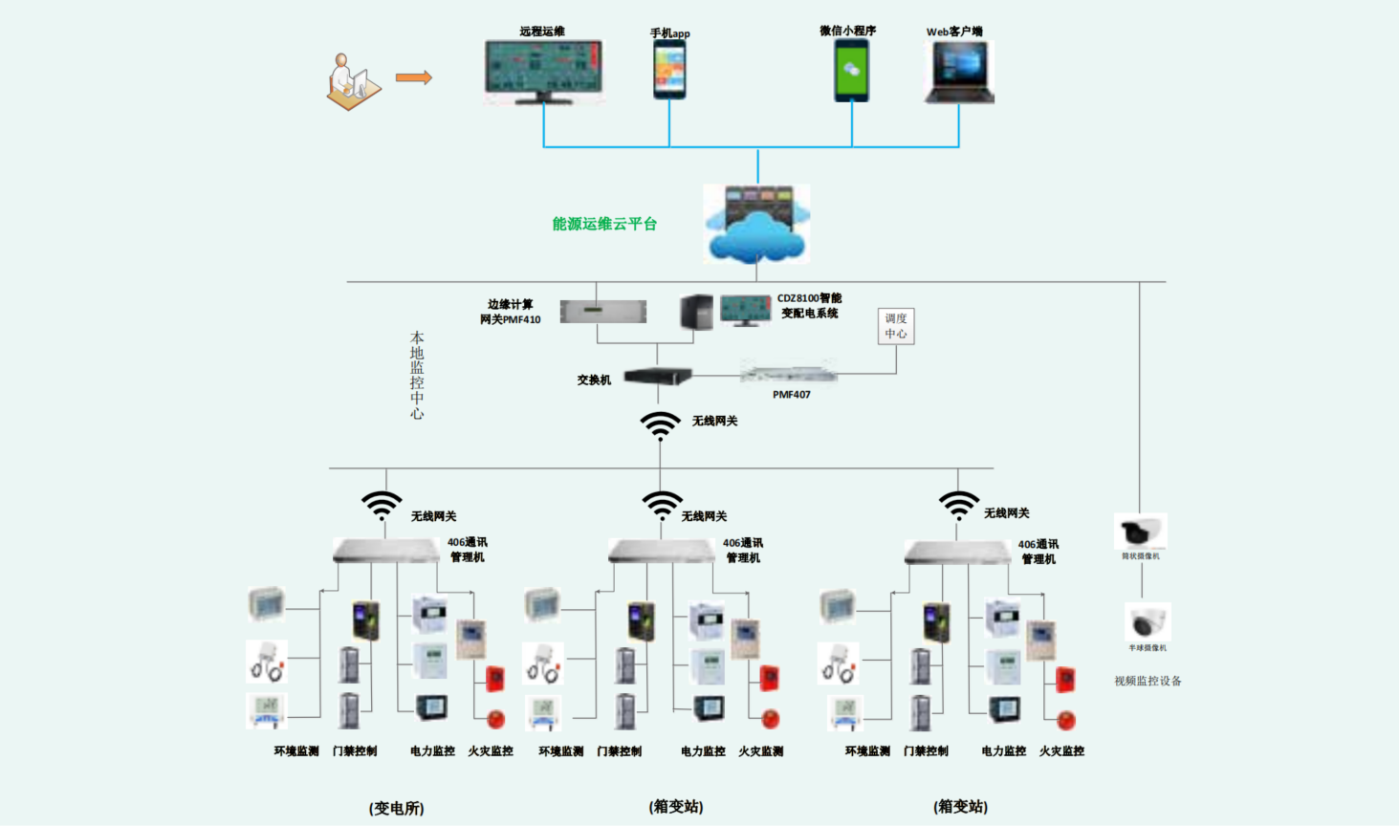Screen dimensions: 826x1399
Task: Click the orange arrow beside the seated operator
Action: point(413,78)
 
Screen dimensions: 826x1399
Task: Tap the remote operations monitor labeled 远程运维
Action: point(543,71)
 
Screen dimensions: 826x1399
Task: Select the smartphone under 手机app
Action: point(669,70)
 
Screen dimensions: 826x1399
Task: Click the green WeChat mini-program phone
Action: point(851,71)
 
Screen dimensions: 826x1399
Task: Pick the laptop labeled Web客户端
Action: point(959,73)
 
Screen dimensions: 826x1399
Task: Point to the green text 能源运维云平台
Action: point(604,224)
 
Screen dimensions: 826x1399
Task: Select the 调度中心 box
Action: point(896,326)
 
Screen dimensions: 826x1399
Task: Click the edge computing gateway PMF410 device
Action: point(602,312)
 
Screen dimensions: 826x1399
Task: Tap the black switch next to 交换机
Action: point(658,377)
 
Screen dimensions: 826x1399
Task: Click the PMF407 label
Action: point(791,394)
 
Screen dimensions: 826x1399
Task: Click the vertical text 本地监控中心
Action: point(417,375)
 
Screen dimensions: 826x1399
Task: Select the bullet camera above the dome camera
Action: point(1140,532)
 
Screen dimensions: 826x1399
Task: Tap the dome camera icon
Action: point(1147,623)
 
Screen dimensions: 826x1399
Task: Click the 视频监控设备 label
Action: point(1148,681)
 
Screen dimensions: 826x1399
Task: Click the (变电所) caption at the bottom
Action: point(396,808)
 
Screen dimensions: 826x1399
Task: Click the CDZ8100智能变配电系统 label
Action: point(809,306)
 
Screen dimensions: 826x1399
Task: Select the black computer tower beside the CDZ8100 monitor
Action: point(696,312)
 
